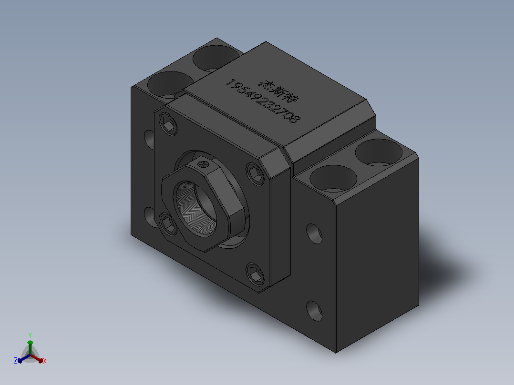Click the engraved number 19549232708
[263, 101]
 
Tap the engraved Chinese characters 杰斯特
[279, 90]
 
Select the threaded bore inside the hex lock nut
[195, 208]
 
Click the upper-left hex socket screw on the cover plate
[168, 124]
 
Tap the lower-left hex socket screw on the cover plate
[168, 223]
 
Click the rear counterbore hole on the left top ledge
[215, 58]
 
